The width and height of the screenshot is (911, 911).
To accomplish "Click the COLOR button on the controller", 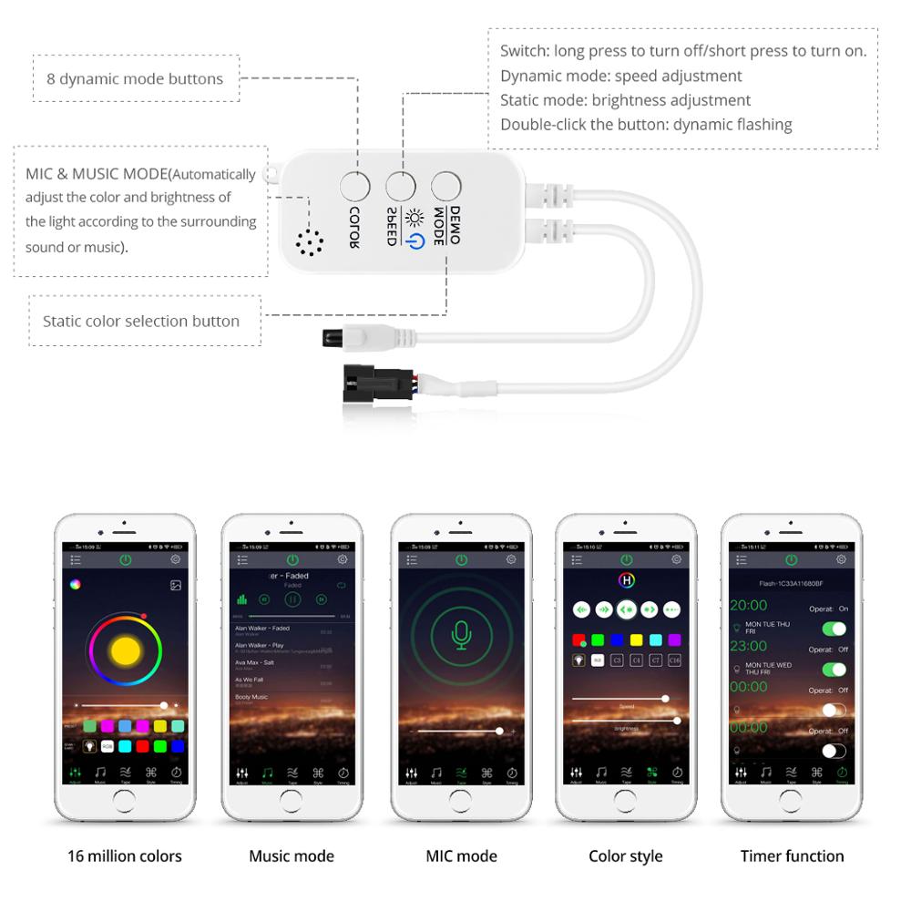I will click(355, 187).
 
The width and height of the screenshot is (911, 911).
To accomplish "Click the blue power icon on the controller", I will click(415, 241).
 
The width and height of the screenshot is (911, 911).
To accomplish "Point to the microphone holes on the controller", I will click(310, 241).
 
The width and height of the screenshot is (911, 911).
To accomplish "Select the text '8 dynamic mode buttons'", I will click(135, 79).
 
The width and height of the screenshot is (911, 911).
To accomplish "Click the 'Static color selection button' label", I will click(141, 322).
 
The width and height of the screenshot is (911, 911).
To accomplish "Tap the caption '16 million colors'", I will click(125, 856).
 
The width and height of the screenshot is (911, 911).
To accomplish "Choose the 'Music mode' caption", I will click(292, 856).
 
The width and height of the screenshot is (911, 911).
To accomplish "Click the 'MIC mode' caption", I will click(462, 856).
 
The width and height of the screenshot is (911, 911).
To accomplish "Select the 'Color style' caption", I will click(626, 856).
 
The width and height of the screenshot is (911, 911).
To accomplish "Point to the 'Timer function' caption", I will click(792, 856).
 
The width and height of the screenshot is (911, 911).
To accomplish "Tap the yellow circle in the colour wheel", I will click(126, 650).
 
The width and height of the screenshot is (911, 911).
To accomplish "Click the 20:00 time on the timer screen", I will click(749, 605).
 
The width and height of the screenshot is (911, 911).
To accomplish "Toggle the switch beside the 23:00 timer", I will click(834, 670).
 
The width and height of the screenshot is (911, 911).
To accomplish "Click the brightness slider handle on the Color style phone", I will click(677, 721).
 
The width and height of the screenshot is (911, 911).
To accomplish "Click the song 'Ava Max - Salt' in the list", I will click(255, 662).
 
